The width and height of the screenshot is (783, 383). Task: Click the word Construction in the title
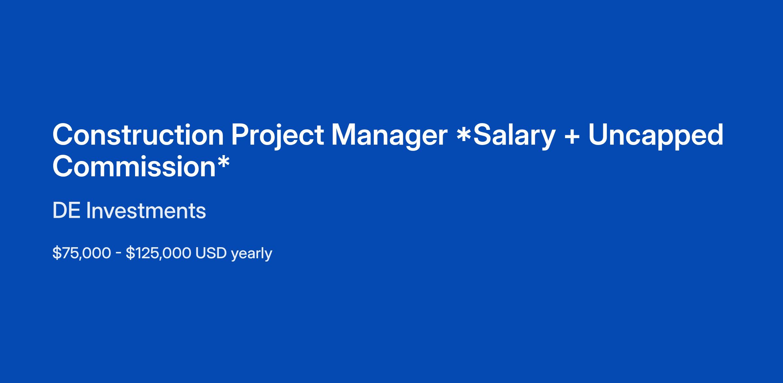(138, 135)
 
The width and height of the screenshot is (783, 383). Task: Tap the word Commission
(134, 166)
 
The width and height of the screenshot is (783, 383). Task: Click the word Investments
(146, 211)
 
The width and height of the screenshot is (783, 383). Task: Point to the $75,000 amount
(82, 253)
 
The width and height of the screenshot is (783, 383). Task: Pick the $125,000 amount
(159, 253)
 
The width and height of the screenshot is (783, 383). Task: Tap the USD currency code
(211, 253)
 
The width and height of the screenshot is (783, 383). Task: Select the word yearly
(252, 254)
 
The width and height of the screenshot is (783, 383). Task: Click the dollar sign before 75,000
(57, 253)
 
